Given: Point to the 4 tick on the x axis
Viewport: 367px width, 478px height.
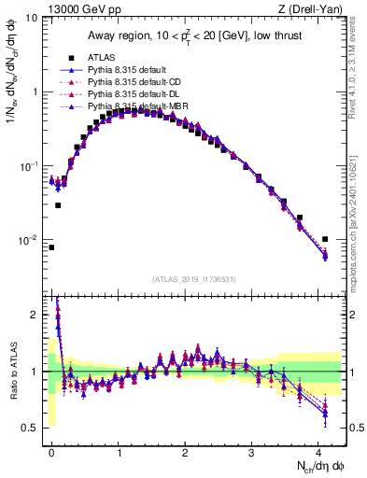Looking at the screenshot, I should click(x=318, y=451).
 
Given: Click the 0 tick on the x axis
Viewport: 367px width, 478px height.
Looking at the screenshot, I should click(x=51, y=451).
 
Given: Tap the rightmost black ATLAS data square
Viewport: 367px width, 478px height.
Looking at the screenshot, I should click(x=325, y=239).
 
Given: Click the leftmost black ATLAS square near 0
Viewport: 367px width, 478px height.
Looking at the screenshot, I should click(x=51, y=247).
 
